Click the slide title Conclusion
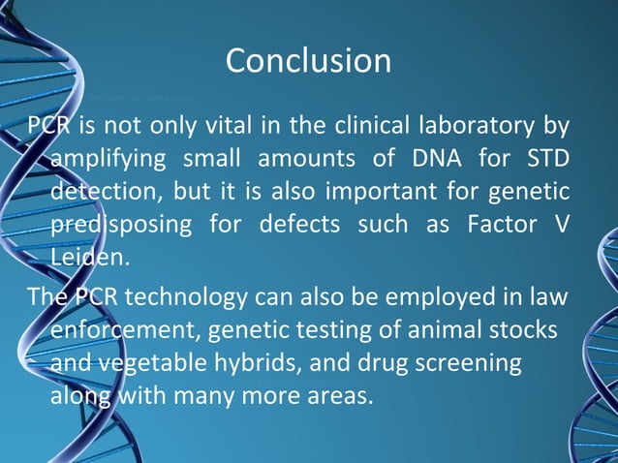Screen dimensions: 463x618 [308, 61]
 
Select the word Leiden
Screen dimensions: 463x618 [89, 258]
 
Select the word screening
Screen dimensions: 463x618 [465, 362]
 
